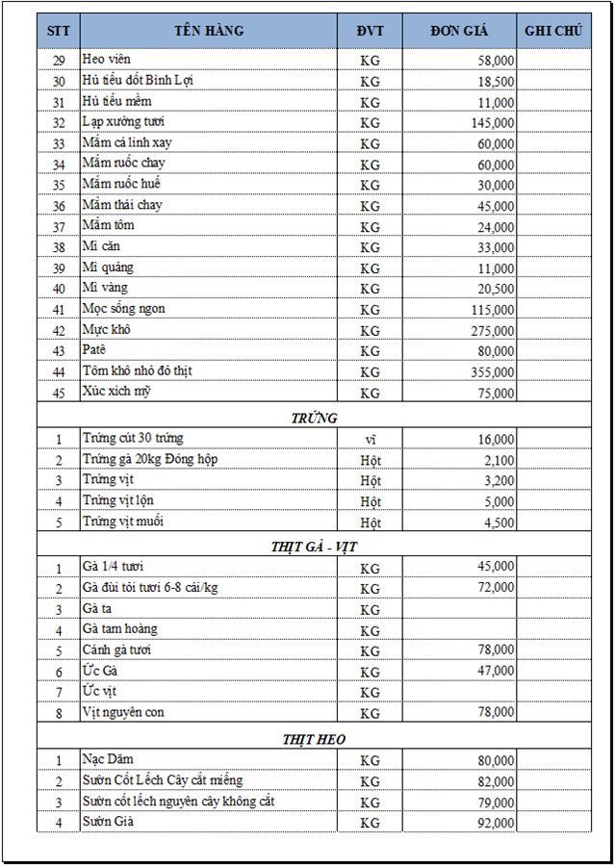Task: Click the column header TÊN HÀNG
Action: click(x=209, y=31)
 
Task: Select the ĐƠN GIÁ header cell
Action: click(x=459, y=31)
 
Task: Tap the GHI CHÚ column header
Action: click(x=553, y=31)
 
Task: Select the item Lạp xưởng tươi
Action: click(x=123, y=122)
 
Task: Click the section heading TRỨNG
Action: click(x=314, y=418)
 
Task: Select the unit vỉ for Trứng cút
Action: click(x=370, y=439)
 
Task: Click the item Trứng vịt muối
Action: click(x=122, y=522)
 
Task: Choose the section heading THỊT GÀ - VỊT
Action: click(x=314, y=547)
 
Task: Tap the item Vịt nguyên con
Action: click(x=123, y=712)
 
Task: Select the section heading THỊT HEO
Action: click(x=314, y=739)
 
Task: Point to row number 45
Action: click(x=59, y=393)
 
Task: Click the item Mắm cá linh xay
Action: click(x=127, y=143)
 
